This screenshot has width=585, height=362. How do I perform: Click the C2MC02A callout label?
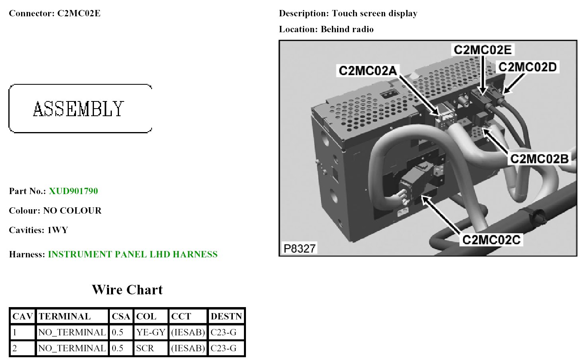tap(368, 71)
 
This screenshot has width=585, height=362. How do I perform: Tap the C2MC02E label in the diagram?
tap(483, 50)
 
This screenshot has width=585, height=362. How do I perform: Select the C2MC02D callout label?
tap(527, 67)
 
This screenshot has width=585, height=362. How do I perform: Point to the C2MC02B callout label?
tap(539, 159)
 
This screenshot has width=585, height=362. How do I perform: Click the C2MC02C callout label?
tap(491, 240)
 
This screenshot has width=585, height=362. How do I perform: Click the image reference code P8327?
tap(299, 248)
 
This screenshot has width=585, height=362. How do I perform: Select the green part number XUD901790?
tap(73, 191)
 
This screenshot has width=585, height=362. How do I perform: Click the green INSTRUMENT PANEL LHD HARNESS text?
tap(133, 254)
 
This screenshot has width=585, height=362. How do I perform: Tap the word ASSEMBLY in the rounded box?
tap(79, 109)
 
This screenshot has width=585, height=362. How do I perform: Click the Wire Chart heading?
tap(127, 290)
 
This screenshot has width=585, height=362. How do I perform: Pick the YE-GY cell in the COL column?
tap(150, 332)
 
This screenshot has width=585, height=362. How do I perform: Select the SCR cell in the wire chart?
tap(145, 348)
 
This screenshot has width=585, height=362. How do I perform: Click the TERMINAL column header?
tap(64, 316)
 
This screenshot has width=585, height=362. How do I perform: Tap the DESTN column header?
tap(226, 316)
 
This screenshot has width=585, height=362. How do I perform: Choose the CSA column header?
tap(121, 316)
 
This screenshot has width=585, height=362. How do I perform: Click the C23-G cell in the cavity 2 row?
tap(223, 348)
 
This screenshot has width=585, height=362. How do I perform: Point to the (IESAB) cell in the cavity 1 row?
tap(188, 332)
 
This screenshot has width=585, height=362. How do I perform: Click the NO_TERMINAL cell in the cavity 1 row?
tap(72, 332)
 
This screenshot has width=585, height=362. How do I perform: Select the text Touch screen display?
tap(374, 14)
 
